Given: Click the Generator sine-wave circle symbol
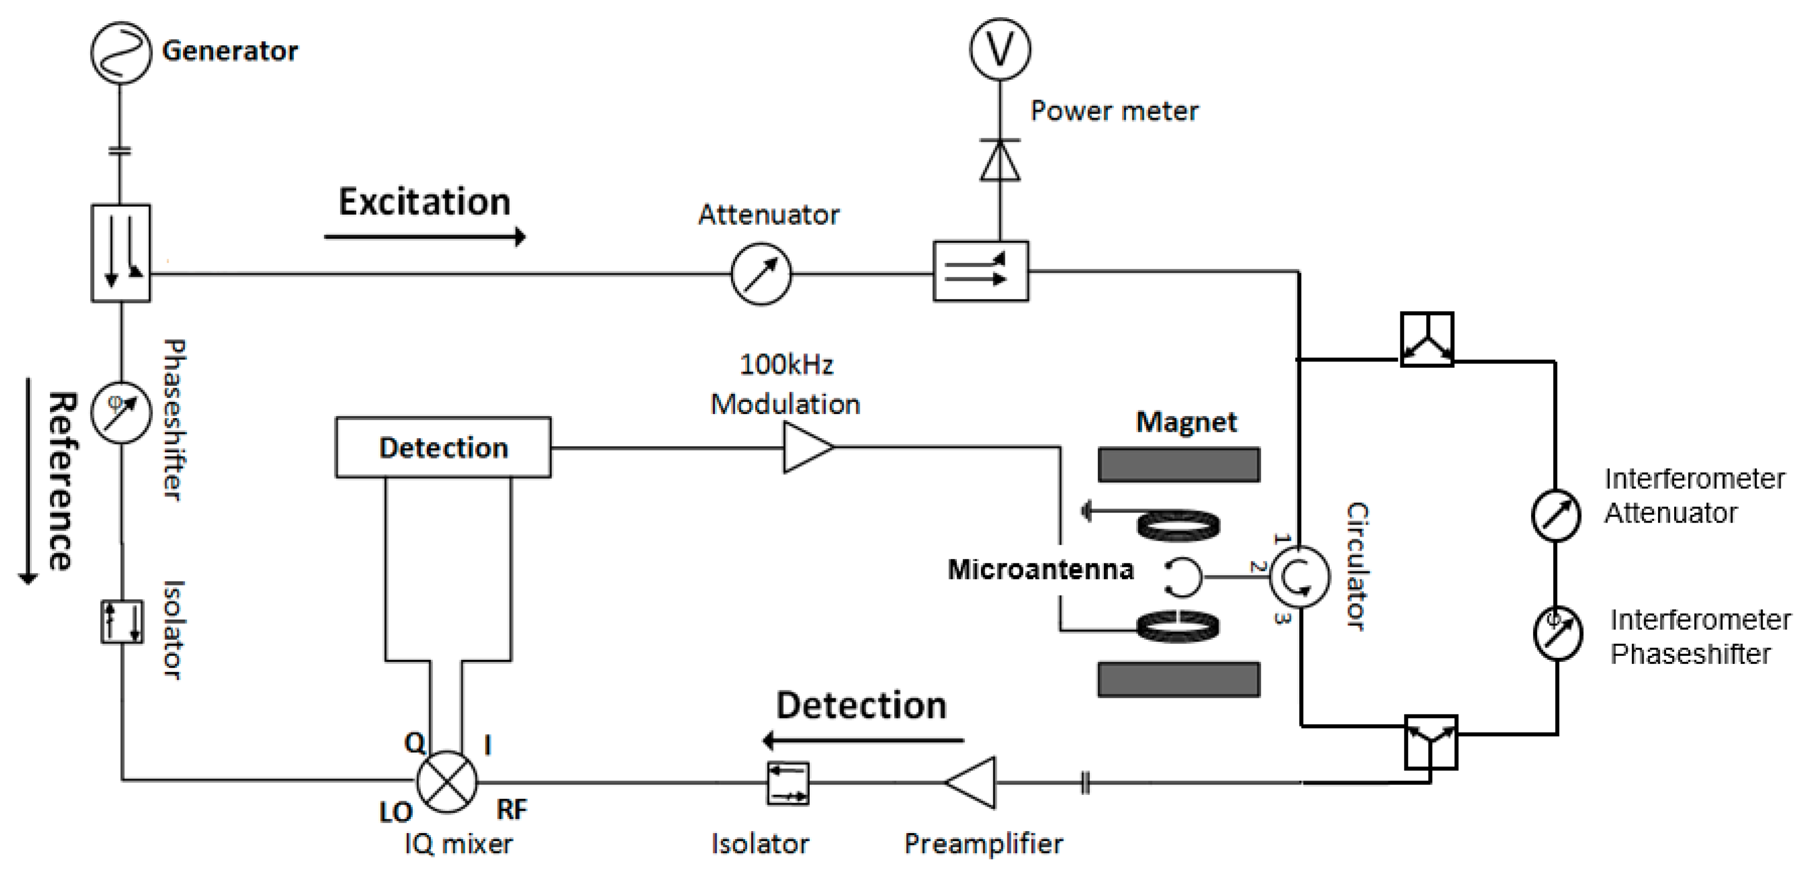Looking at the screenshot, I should point(121,53).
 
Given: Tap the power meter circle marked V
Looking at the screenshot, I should point(1000,49).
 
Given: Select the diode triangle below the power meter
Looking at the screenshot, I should point(1000,161).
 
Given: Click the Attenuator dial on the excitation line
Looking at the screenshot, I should point(761,274).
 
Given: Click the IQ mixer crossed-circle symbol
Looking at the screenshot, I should point(447,782).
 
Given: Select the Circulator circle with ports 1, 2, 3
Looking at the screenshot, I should point(1299,577).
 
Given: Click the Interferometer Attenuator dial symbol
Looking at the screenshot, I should point(1555,515).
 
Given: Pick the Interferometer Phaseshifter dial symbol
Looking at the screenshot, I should point(1557,633).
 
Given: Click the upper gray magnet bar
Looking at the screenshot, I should point(1179,465).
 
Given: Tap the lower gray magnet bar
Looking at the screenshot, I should point(1179,680).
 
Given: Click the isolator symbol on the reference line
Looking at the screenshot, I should point(122,622).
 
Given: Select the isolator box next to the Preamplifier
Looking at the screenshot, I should point(788,783).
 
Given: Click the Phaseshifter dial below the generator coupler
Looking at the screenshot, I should point(121,412).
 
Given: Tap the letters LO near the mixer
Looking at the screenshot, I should point(396,812).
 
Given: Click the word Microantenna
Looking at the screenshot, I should point(1041,570).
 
